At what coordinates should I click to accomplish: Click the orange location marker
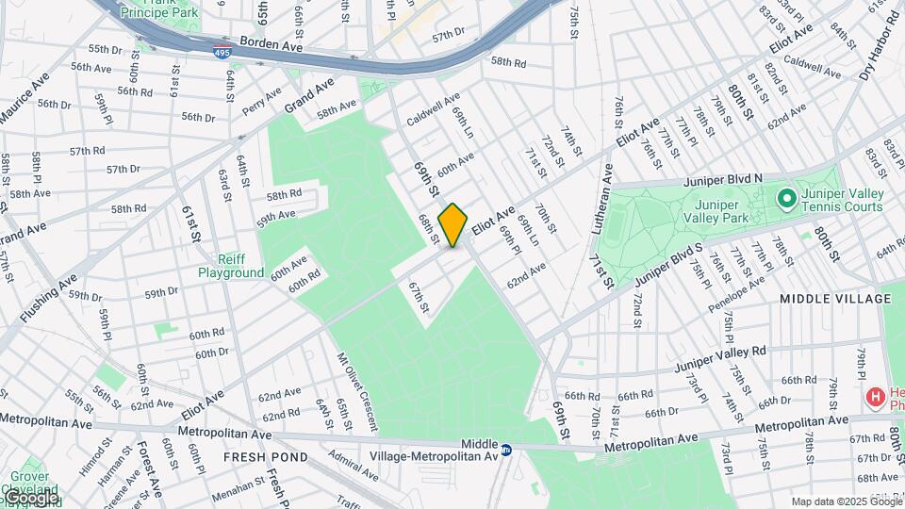click(x=453, y=224)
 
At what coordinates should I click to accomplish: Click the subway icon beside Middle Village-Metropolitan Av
click(x=506, y=450)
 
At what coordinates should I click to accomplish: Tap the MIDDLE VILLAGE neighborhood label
click(x=835, y=299)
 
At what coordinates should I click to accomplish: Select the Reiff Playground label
click(x=231, y=266)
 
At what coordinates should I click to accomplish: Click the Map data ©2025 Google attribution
click(x=846, y=501)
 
